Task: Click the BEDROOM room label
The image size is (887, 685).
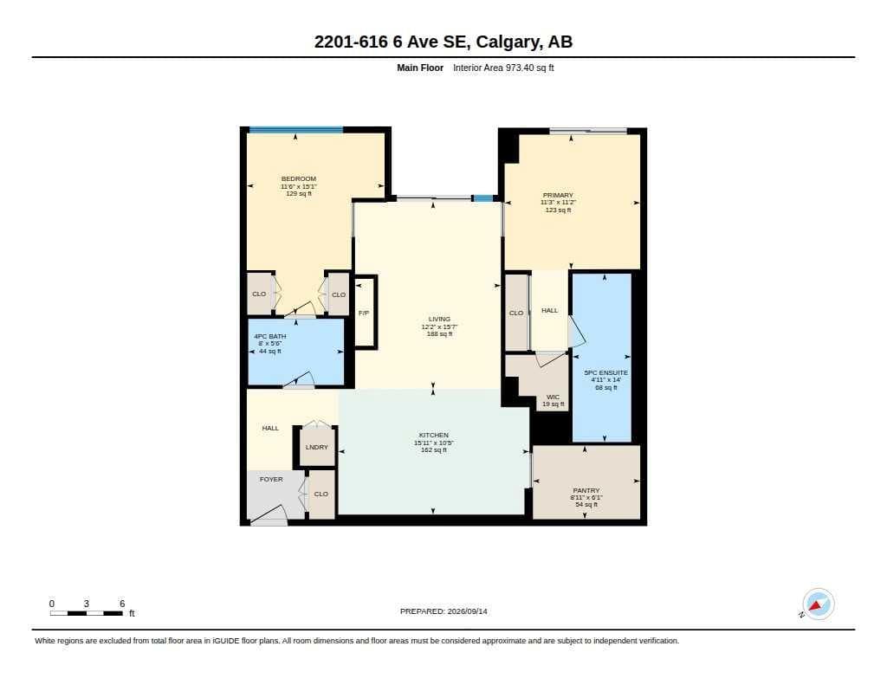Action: (x=299, y=178)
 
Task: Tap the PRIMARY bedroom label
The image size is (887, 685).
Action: (x=558, y=195)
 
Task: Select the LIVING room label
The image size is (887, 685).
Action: (x=439, y=319)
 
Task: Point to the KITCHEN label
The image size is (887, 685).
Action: (x=433, y=435)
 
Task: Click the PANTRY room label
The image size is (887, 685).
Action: (x=586, y=490)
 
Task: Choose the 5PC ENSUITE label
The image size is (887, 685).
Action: (x=605, y=372)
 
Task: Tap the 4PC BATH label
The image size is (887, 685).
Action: (x=270, y=337)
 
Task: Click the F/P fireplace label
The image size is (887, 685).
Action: (x=364, y=313)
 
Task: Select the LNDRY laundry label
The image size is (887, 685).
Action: (x=317, y=447)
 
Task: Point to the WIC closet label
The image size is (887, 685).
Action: (x=553, y=397)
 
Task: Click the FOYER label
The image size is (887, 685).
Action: (x=271, y=479)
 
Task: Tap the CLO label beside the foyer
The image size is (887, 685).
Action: (x=320, y=494)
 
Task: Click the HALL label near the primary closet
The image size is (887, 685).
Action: (x=549, y=311)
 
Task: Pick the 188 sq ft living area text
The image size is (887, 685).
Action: (x=439, y=333)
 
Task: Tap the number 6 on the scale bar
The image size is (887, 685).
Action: (x=121, y=604)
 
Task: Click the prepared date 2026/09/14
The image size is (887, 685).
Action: (x=467, y=611)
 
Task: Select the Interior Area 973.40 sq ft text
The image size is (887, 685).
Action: (x=503, y=68)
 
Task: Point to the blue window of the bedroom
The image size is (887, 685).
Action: (x=296, y=130)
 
